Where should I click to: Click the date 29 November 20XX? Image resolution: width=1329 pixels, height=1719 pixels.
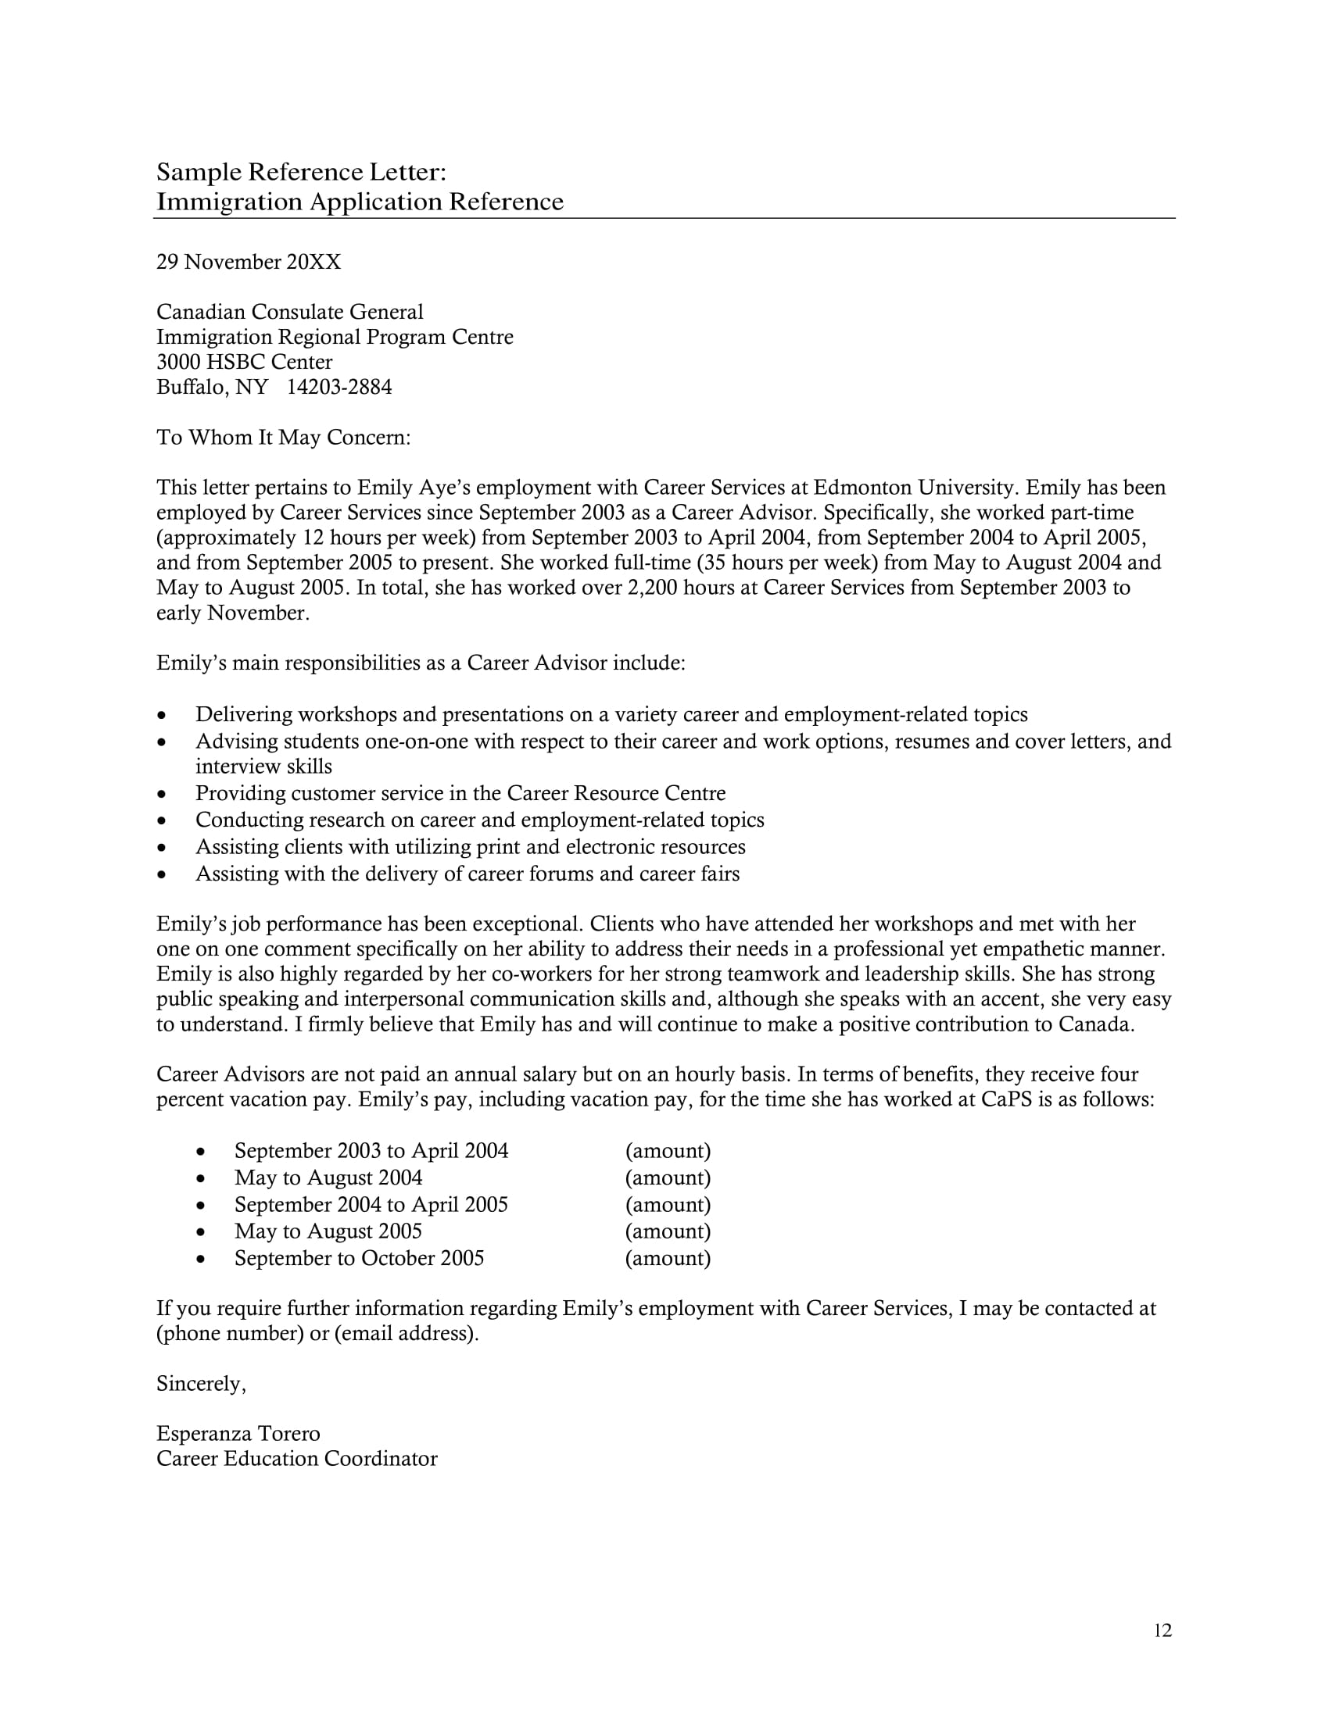click(249, 262)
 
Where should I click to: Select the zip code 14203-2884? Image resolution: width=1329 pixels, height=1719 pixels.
click(339, 388)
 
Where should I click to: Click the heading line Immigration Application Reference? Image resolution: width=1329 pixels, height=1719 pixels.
click(360, 202)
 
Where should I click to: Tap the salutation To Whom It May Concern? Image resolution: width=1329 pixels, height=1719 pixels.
click(284, 438)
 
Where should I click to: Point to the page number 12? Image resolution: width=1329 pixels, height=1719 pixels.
click(1162, 1630)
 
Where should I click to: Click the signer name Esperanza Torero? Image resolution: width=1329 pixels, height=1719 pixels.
click(238, 1433)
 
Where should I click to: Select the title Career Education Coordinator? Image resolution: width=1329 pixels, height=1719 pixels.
click(297, 1459)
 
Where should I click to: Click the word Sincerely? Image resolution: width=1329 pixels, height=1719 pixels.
click(201, 1384)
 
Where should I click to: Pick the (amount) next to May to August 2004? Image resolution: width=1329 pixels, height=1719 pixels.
click(668, 1178)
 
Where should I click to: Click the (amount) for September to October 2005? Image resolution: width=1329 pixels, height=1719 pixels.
click(668, 1258)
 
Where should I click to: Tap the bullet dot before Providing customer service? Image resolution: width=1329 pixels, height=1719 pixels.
click(162, 794)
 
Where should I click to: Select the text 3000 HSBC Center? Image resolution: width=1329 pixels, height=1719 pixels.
click(244, 362)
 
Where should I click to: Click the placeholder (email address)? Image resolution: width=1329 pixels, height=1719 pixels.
click(406, 1333)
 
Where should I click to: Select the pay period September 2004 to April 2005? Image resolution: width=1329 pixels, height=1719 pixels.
click(371, 1204)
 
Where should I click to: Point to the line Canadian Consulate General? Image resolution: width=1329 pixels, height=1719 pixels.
click(290, 313)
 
